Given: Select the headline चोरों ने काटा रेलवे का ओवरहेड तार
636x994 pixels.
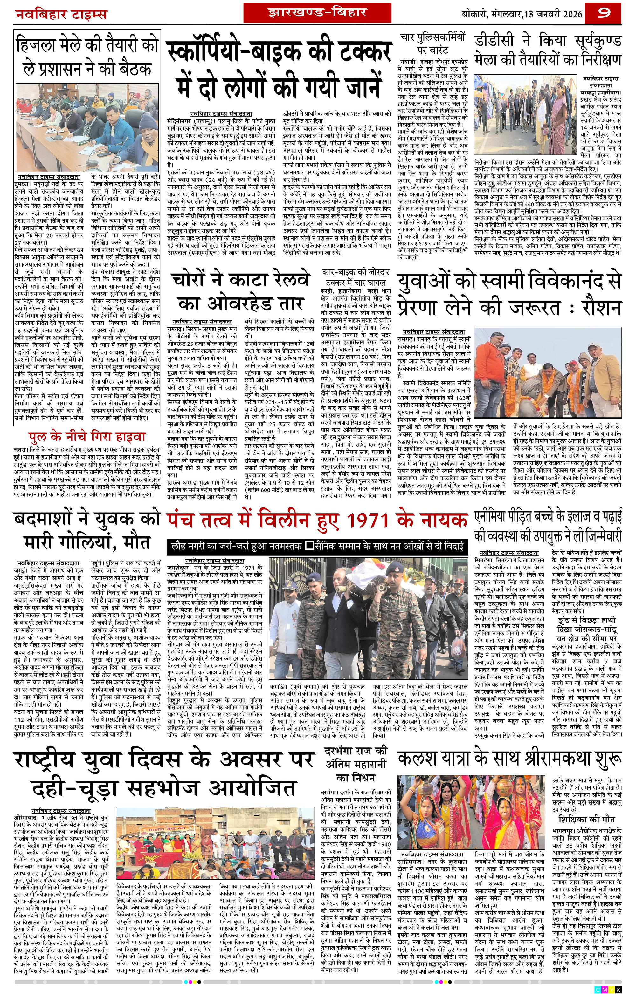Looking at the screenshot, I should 241,291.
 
